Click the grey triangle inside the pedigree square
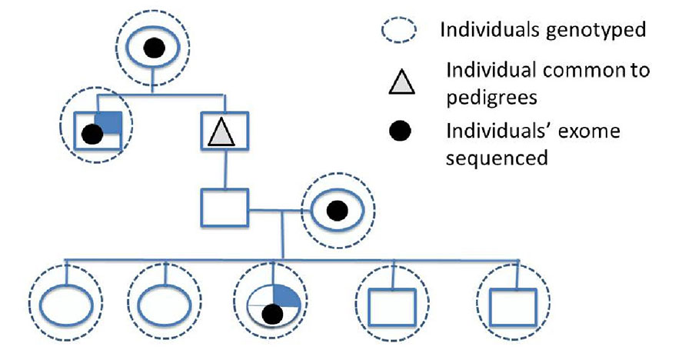coord(224,135)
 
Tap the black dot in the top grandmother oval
coord(154,48)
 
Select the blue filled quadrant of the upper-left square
coord(111,121)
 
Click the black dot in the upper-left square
coord(92,135)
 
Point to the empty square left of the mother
coord(223,207)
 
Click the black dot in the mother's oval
coord(336,208)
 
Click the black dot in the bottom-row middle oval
coord(269,313)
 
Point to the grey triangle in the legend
coord(401,78)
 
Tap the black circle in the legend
coord(401,132)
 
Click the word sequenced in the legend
coord(497,158)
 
